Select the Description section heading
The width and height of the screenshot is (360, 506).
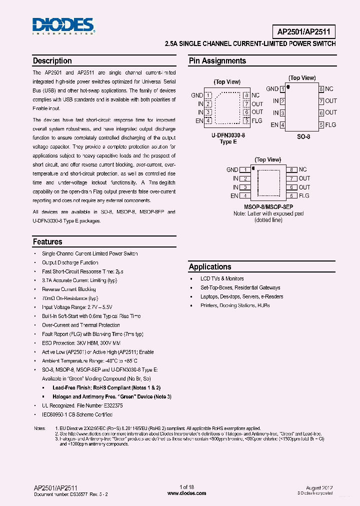(52, 61)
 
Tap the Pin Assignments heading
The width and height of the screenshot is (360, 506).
(217, 61)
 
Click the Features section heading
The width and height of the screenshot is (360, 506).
(47, 242)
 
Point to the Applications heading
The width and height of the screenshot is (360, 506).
(210, 267)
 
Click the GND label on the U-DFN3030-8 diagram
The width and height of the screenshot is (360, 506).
(197, 95)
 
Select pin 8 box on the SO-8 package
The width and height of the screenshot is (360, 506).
(321, 89)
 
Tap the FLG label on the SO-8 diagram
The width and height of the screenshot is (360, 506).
(330, 124)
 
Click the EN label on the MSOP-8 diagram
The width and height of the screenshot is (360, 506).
(234, 196)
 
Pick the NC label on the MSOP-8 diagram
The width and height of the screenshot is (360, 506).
(303, 170)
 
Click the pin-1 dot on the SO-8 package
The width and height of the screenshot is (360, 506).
(288, 87)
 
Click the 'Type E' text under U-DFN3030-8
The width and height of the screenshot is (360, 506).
(228, 142)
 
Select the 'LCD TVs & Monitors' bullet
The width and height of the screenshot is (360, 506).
(222, 279)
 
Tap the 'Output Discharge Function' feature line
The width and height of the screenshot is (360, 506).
(70, 262)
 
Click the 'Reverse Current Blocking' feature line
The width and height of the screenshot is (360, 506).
(69, 289)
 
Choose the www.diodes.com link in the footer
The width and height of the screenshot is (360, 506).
(186, 493)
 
